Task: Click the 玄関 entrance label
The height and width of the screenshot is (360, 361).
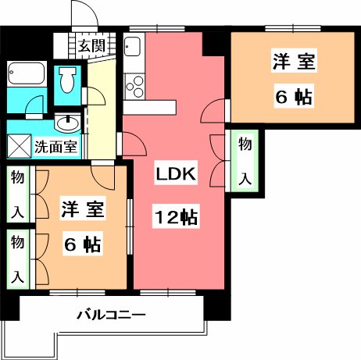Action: click(91, 46)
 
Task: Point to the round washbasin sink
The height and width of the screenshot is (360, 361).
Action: click(68, 123)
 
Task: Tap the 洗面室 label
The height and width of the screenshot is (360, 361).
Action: click(55, 146)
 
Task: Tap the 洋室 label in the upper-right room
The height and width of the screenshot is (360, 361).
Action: click(293, 59)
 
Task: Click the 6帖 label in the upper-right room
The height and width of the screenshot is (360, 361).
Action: click(293, 97)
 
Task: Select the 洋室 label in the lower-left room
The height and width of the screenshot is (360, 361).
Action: click(82, 209)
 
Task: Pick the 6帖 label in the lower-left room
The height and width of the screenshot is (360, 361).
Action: click(81, 244)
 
